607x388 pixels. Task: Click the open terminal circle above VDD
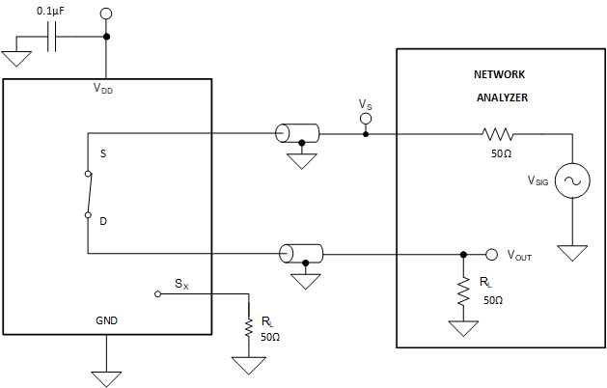coord(106,14)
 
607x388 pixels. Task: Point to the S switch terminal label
coord(104,153)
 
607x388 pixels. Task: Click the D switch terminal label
coord(104,220)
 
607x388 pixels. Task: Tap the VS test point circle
coord(365,119)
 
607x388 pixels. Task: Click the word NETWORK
coord(500,73)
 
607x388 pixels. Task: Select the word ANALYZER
coord(500,97)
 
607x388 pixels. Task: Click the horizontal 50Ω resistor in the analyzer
coord(499,133)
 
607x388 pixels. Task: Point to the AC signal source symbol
coord(572,180)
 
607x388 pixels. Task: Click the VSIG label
coord(538,180)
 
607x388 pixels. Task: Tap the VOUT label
coord(519,257)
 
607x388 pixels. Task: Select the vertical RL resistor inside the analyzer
coord(463,294)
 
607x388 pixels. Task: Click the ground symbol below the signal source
coord(572,252)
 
